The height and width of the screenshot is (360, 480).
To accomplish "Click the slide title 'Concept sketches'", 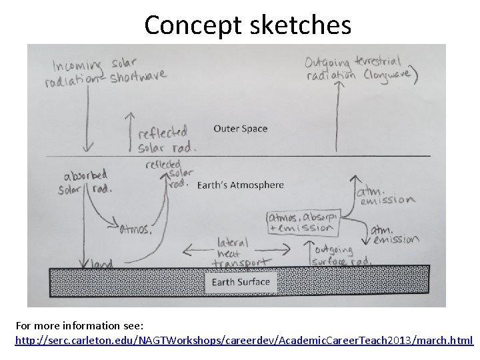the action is point(247,25).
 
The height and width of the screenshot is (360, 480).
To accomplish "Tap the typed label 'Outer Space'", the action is point(240,129).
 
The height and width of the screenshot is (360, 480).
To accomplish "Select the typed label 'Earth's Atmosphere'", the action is point(241,185).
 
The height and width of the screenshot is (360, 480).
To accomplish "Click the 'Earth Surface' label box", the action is point(241,282).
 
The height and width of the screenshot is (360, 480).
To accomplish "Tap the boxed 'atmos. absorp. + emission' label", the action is point(304,221).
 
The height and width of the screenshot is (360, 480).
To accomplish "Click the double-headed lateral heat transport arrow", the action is point(240,251).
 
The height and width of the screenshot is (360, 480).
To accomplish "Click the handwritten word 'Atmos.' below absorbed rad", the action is point(136,229).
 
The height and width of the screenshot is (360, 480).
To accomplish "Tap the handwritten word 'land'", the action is point(99,264).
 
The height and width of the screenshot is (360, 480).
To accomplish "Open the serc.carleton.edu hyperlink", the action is point(244,340).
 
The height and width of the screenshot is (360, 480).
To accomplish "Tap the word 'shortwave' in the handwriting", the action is point(138,77).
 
